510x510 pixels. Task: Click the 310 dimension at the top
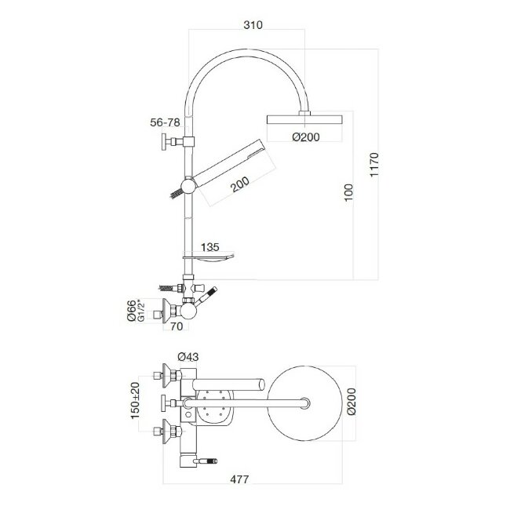pyautogui.click(x=253, y=25)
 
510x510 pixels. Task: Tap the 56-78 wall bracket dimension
pyautogui.click(x=166, y=122)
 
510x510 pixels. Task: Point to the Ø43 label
pyautogui.click(x=188, y=357)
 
